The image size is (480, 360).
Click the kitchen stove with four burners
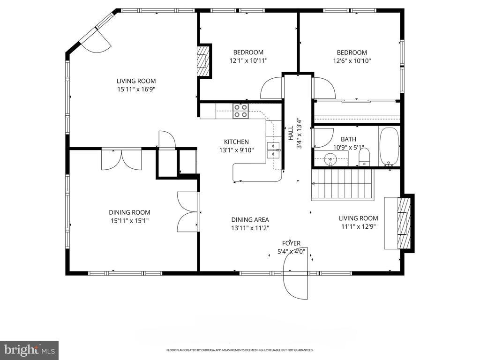tap(240, 111)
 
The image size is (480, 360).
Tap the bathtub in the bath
tap(389, 147)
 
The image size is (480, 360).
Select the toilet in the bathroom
tap(364, 157)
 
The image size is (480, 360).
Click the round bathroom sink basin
tap(330, 159)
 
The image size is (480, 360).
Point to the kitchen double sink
tap(273, 150)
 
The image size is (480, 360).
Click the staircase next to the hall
tap(343, 184)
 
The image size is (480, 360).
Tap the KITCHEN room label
tap(236, 142)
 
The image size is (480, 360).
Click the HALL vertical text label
tap(291, 134)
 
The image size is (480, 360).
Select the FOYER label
tap(291, 243)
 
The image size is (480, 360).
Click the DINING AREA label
tap(250, 219)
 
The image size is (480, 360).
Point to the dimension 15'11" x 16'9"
tap(134, 90)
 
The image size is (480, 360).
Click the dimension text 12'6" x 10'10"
tap(352, 60)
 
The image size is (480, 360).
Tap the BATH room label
tap(348, 139)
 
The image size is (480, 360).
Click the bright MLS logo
tap(30, 350)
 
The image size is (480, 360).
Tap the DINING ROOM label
tap(129, 212)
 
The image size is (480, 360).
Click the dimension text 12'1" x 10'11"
tap(248, 60)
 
